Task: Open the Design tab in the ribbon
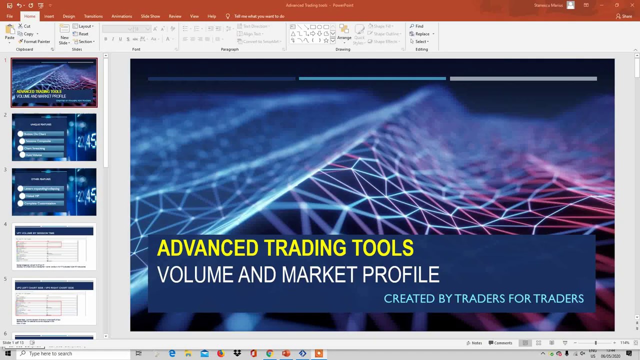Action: click(x=68, y=16)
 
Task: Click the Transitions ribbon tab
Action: click(x=93, y=16)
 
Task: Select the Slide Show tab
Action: click(x=150, y=16)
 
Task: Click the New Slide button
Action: click(x=64, y=34)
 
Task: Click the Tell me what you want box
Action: click(x=259, y=16)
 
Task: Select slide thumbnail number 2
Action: click(x=54, y=137)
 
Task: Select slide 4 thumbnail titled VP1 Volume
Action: click(x=54, y=246)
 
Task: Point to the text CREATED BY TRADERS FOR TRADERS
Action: click(x=483, y=298)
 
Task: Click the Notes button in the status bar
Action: click(x=474, y=343)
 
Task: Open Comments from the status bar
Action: click(x=500, y=343)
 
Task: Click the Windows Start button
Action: click(x=7, y=353)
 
